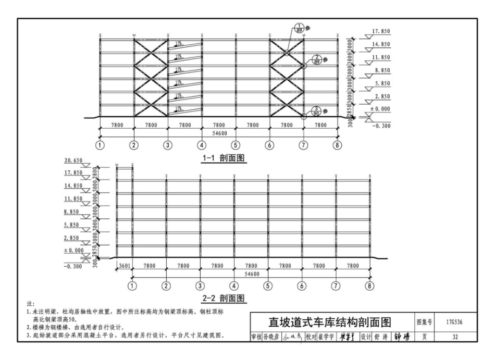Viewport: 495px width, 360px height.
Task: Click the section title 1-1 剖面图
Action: [x=224, y=158]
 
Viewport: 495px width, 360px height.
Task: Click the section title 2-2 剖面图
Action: [x=224, y=299]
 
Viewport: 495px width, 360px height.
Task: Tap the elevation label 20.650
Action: [x=73, y=160]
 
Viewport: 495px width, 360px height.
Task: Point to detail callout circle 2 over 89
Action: [x=316, y=59]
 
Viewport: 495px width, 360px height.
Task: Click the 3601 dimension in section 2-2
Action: [x=124, y=266]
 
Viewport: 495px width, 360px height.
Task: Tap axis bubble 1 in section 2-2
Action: [x=132, y=285]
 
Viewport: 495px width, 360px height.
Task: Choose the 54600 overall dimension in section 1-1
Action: [x=219, y=133]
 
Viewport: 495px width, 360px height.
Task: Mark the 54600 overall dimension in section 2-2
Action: [x=251, y=274]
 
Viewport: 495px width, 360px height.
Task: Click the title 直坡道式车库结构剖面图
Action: [x=330, y=322]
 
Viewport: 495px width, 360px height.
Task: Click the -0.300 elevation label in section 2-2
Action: [x=73, y=266]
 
